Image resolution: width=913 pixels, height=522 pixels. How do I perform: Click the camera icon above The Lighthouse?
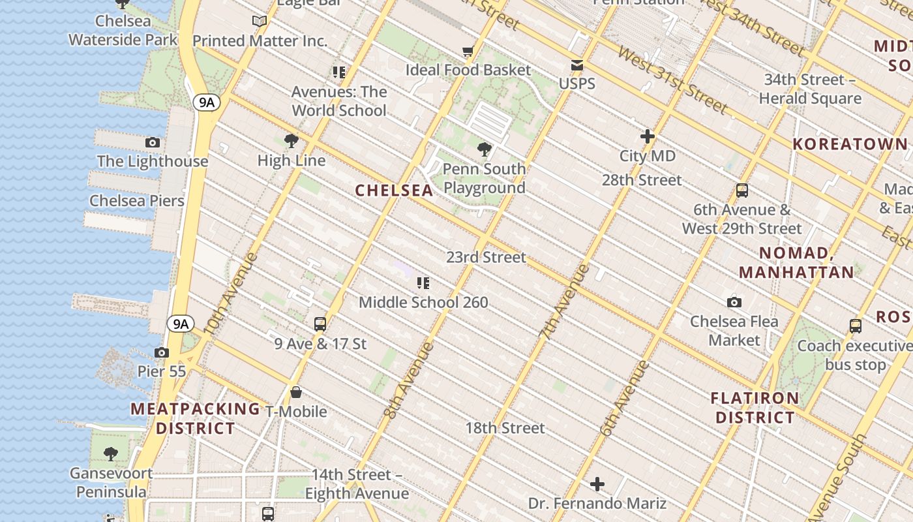tap(152, 142)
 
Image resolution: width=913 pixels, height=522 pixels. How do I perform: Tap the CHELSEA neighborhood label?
tap(394, 191)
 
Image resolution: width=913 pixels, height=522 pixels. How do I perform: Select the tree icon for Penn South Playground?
tap(484, 149)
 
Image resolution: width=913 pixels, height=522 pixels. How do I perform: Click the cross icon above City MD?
tap(647, 136)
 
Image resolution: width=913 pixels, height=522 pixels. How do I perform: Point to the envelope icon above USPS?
tap(577, 65)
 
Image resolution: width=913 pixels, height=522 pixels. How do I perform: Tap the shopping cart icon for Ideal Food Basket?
tap(468, 51)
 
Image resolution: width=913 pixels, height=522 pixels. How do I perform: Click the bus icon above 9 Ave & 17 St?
tap(320, 324)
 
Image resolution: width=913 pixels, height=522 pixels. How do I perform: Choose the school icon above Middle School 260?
tap(423, 283)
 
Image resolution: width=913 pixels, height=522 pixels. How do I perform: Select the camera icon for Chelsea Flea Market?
tap(734, 302)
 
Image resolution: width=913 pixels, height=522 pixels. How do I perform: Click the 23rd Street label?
tap(486, 257)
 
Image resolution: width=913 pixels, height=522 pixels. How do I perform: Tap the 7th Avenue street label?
tap(565, 301)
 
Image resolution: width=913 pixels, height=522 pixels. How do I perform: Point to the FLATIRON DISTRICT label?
tap(755, 408)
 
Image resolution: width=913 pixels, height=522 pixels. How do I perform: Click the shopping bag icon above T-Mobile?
tap(295, 392)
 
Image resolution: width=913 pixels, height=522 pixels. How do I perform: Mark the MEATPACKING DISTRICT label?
tap(195, 419)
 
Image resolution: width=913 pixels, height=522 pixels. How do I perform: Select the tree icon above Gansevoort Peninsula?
tap(111, 453)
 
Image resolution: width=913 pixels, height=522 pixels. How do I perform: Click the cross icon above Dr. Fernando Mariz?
tap(597, 484)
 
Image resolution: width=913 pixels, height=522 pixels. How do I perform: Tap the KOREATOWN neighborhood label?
tap(849, 144)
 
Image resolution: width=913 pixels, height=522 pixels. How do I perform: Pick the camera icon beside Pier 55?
tap(161, 352)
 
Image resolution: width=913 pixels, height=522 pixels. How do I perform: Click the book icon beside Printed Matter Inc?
tap(260, 22)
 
